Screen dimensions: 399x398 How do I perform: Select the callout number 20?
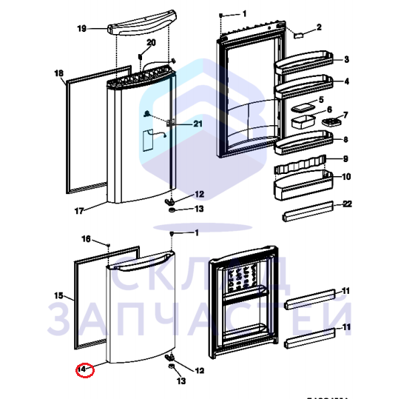click(x=151, y=43)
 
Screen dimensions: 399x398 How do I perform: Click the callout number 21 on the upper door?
click(x=198, y=124)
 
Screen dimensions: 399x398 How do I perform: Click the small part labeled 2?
click(x=298, y=34)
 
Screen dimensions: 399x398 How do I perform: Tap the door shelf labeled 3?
click(x=303, y=66)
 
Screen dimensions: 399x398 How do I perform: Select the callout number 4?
click(x=346, y=81)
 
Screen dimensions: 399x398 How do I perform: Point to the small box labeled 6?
click(x=303, y=122)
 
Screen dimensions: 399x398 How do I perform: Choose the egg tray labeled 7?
click(x=330, y=118)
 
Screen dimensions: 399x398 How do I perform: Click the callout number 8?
click(x=345, y=138)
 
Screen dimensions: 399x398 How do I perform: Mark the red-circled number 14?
click(x=84, y=368)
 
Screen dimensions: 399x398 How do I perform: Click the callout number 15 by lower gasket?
click(x=60, y=295)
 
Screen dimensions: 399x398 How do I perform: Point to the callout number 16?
click(x=85, y=239)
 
